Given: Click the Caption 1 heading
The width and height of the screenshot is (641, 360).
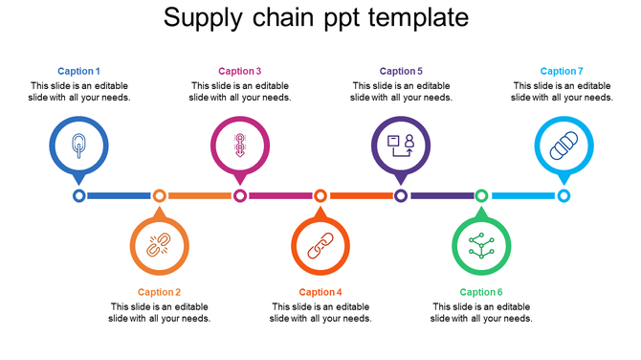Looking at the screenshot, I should point(78,71).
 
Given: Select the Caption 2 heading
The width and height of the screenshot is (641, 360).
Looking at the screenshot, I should point(159,292).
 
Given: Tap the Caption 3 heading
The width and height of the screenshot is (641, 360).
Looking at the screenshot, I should point(239,71).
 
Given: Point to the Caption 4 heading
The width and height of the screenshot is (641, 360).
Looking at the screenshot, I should point(320,292).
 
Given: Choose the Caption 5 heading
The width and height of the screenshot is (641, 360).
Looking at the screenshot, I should point(401,71).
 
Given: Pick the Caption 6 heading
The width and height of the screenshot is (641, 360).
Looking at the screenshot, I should point(481,292).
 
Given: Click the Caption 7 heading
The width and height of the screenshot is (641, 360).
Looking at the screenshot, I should point(562,71).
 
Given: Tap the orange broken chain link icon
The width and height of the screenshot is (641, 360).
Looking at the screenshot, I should point(159,245).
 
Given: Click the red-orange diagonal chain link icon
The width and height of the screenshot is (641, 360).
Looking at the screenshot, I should point(320,245).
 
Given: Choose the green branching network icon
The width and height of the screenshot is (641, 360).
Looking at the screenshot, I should point(481,245).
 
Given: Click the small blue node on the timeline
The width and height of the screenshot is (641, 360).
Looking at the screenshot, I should point(78,195).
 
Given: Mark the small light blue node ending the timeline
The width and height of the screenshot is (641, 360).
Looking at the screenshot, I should point(564,195).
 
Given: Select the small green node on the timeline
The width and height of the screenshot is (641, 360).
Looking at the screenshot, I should point(481,195).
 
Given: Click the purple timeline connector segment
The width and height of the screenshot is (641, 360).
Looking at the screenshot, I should point(441,195).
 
